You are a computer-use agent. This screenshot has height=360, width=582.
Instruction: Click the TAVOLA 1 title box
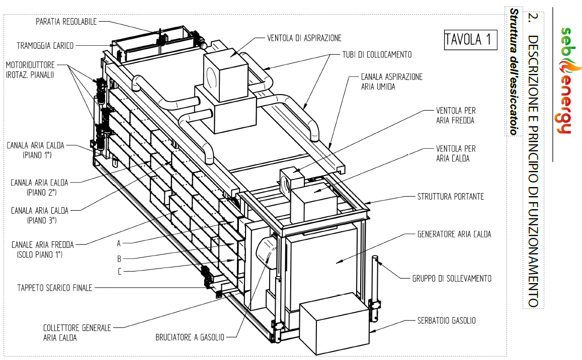tap(470, 39)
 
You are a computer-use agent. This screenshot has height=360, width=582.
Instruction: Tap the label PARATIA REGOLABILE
tap(66, 22)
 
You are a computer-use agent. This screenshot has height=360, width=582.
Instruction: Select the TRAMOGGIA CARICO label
tap(45, 46)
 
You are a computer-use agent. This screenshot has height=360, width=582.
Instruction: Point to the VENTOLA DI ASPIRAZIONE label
tap(304, 38)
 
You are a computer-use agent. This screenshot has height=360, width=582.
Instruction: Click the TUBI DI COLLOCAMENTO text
tap(377, 55)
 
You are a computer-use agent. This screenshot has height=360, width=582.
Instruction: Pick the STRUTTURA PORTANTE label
tap(451, 196)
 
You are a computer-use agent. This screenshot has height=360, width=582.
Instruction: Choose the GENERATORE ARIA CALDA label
tap(454, 234)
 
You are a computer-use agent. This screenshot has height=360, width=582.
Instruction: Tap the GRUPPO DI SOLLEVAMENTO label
tap(452, 279)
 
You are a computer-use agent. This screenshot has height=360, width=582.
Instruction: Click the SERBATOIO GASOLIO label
tap(446, 321)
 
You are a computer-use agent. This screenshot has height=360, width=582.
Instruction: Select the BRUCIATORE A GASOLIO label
tap(190, 337)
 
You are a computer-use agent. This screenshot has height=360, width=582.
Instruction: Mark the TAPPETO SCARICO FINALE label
tap(54, 288)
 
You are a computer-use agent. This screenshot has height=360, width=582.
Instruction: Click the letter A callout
tap(119, 243)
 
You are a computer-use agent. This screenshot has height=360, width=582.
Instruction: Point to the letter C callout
tap(119, 272)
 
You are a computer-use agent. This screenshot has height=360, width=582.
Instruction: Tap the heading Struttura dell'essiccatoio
tap(514, 71)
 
